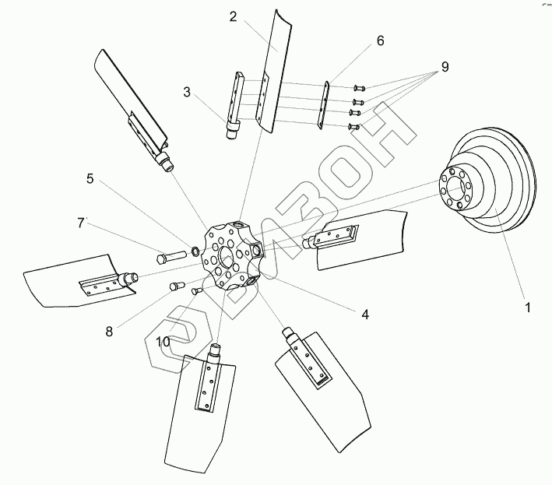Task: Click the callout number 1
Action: (527, 308)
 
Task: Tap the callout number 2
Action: (233, 16)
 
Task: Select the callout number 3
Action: (187, 92)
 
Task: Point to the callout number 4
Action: (365, 315)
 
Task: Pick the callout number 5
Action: (90, 179)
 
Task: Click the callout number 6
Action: (380, 40)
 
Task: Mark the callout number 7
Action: (81, 223)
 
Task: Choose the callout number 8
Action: (109, 331)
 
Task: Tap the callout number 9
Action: (445, 67)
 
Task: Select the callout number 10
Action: (163, 342)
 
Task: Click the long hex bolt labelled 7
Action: (171, 256)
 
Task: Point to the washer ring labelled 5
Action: (195, 251)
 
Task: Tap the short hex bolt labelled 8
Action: (178, 285)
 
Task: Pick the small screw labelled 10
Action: (196, 290)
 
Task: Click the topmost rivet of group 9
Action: (359, 88)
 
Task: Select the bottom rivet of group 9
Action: (354, 126)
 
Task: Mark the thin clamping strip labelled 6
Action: (324, 105)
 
